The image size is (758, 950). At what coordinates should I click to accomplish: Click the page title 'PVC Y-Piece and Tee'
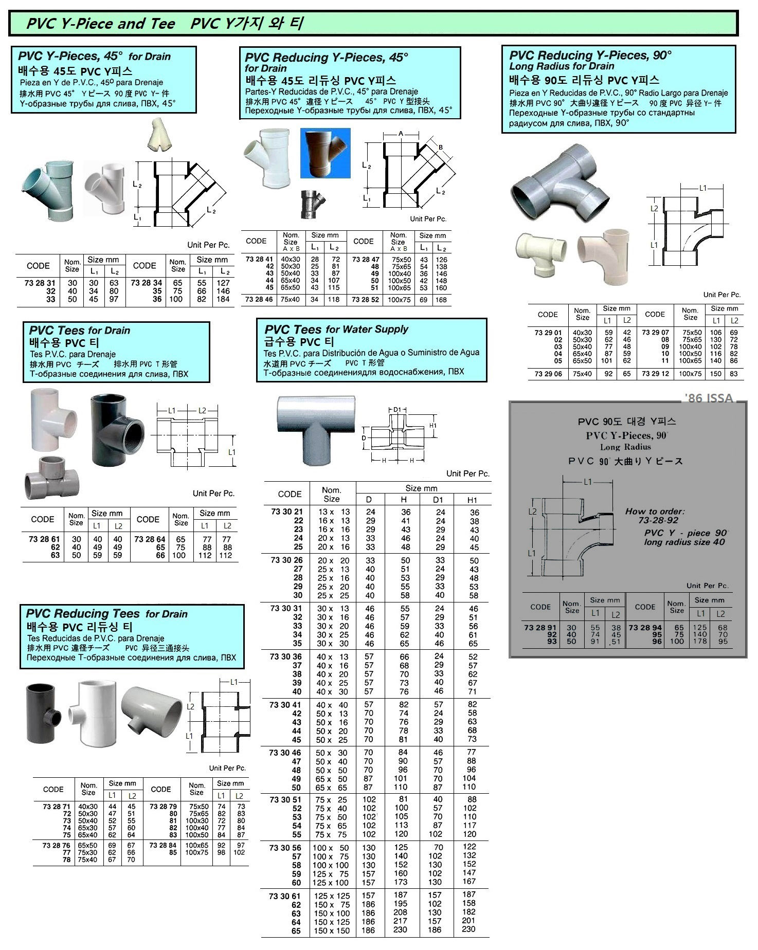101,24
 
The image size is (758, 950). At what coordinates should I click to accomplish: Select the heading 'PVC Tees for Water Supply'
336,329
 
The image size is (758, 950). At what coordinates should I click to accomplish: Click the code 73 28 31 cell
40,283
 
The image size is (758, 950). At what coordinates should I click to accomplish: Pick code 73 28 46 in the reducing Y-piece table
259,299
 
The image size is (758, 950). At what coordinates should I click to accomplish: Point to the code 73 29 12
655,374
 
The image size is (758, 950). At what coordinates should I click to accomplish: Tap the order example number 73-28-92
658,520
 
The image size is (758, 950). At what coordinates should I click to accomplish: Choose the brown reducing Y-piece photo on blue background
325,153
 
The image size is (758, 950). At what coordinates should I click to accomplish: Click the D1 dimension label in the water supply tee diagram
396,410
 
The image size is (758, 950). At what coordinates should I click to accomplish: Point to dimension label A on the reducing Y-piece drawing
401,134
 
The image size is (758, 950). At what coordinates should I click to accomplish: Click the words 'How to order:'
655,511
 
